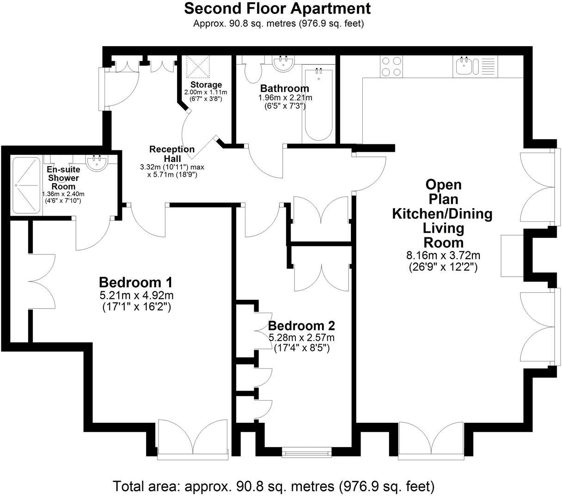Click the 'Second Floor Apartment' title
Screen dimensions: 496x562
(x=277, y=8)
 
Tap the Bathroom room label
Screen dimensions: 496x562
(x=284, y=88)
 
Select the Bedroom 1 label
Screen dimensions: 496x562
(x=135, y=282)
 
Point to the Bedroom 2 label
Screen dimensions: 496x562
(x=301, y=326)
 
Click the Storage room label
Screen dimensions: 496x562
(x=206, y=85)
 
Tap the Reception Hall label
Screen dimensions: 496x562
(x=172, y=154)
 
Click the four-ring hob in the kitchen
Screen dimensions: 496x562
(x=392, y=66)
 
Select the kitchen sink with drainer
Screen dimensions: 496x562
(x=475, y=66)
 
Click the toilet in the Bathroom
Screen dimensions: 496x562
(x=253, y=72)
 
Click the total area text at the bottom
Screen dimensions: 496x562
(x=274, y=486)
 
